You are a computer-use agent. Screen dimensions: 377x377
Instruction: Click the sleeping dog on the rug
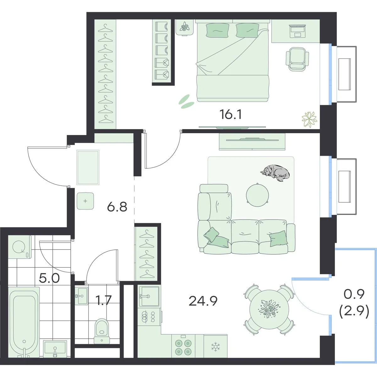275,173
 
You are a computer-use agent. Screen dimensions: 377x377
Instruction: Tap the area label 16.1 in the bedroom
231,114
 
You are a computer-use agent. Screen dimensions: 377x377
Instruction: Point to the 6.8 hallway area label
117,207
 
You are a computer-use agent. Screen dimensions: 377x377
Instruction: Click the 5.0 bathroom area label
49,278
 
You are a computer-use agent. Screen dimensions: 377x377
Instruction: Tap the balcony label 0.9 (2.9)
354,307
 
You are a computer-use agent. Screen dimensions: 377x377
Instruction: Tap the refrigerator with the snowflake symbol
216,347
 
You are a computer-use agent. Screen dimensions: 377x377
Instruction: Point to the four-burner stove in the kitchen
183,346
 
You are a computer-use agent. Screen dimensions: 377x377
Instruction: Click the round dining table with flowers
269,309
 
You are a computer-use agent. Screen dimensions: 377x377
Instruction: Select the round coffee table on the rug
257,195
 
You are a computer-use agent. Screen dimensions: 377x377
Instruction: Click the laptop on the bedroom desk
297,31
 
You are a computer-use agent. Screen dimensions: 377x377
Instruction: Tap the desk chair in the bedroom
297,59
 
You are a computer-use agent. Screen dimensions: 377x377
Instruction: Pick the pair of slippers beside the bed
186,101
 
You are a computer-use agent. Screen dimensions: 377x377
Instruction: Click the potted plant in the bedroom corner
309,119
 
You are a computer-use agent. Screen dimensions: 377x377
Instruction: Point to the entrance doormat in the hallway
88,167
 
